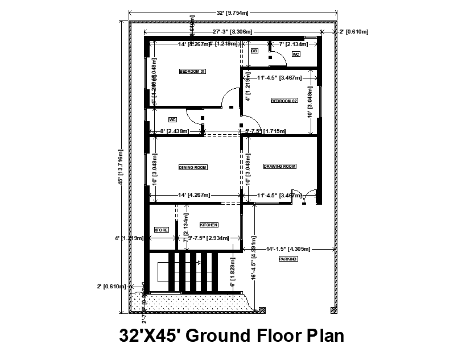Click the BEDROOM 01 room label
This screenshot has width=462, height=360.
pos(192,71)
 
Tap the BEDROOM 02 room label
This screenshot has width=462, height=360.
pos(284,101)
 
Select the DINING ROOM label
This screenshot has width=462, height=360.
pos(192,167)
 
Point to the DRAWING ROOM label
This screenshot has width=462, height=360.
pos(280,167)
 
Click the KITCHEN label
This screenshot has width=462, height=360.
pos(209,225)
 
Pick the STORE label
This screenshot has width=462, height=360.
pos(162,230)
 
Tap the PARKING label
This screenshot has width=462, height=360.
pos(288,259)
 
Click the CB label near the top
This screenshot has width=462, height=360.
pos(254,51)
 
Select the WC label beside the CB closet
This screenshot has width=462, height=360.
pos(296,54)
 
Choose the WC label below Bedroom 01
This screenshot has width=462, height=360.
pos(172,119)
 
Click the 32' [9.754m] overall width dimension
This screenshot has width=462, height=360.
pos(233,12)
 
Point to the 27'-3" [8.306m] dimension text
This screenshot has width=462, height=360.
pos(233,32)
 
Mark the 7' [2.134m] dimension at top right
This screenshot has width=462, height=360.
pos(289,44)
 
